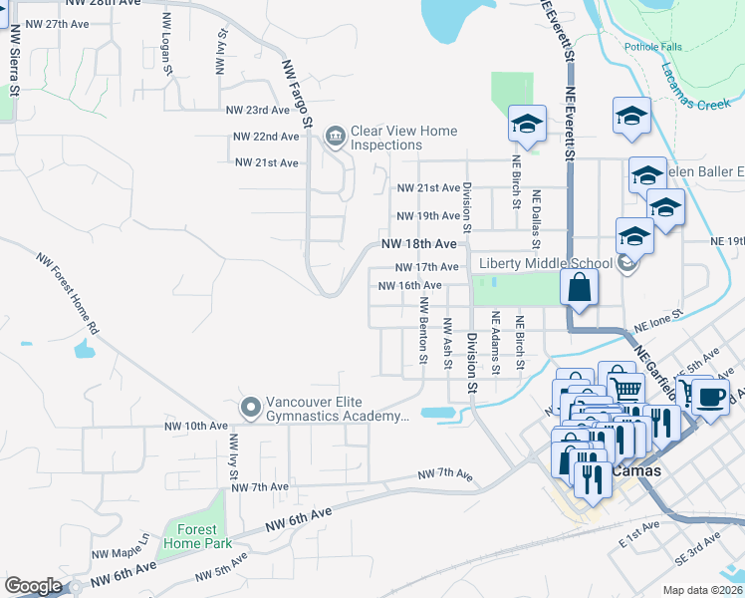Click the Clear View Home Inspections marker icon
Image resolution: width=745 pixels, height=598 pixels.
(x=334, y=135)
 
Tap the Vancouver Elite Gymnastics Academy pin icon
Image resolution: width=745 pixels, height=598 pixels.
(x=250, y=407)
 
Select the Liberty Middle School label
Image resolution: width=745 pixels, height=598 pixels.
(x=545, y=263)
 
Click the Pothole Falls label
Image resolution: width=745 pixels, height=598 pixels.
(x=650, y=47)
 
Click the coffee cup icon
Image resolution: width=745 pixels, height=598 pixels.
(x=710, y=396)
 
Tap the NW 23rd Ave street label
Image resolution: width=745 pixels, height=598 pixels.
(x=257, y=111)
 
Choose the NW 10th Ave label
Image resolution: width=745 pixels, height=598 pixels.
(x=196, y=426)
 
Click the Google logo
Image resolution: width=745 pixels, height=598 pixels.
(x=33, y=586)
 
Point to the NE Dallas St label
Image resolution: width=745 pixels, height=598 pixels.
(x=536, y=219)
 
